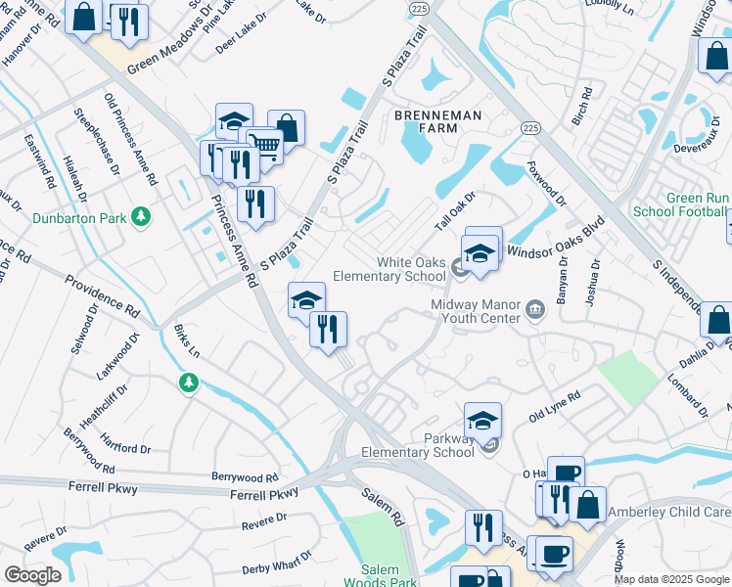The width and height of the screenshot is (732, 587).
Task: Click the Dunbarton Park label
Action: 78,216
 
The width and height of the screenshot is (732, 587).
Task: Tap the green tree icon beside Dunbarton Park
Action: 143,216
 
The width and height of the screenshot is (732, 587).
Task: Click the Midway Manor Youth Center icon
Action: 534,310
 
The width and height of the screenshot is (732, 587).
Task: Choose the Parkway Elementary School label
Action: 418,446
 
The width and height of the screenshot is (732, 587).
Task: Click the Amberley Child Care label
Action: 669,512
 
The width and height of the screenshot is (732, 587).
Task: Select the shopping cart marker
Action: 262,146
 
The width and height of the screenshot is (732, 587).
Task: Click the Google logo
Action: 32,575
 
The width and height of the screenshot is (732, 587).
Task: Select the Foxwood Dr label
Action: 546,183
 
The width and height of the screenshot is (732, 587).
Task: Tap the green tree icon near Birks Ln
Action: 188,384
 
